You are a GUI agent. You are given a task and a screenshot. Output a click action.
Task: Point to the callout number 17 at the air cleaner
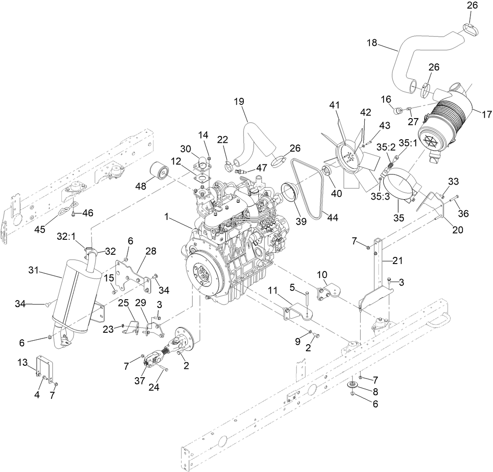click(x=486, y=115)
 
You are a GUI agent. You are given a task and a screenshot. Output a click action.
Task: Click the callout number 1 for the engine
click(x=167, y=216)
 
